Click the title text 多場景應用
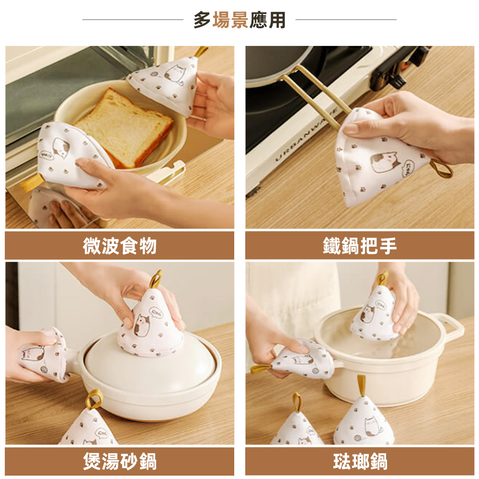(239, 20)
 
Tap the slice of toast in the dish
(123, 127)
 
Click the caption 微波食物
(119, 246)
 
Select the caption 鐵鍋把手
(360, 246)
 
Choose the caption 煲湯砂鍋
(119, 462)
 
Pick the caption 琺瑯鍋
(360, 462)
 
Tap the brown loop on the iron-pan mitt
(441, 169)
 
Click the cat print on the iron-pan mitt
(386, 162)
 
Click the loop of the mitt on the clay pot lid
(156, 278)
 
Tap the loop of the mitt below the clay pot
(94, 399)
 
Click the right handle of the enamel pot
(453, 325)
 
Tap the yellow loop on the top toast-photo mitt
(201, 51)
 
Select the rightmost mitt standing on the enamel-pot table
(364, 422)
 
